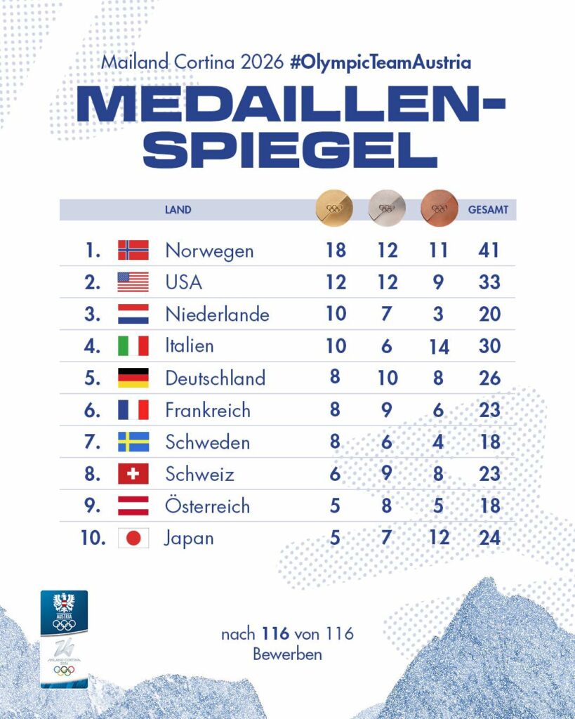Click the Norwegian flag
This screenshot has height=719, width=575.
(x=133, y=250)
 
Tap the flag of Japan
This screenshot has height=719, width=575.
(x=133, y=539)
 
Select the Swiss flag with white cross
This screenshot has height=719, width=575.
(x=133, y=475)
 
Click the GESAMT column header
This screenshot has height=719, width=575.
(x=488, y=209)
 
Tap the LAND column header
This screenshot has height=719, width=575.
(x=178, y=209)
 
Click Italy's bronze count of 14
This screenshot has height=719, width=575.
(x=438, y=346)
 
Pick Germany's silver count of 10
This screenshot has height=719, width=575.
(x=386, y=378)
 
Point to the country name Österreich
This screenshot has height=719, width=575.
(x=207, y=506)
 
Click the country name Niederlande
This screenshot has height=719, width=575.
(x=217, y=315)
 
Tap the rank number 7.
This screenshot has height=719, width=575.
(x=92, y=442)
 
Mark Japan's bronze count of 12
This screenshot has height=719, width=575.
(x=438, y=539)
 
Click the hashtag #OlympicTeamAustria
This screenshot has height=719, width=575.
(x=380, y=62)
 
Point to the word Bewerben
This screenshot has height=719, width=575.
(x=287, y=654)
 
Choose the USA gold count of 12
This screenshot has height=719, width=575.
(x=336, y=282)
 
